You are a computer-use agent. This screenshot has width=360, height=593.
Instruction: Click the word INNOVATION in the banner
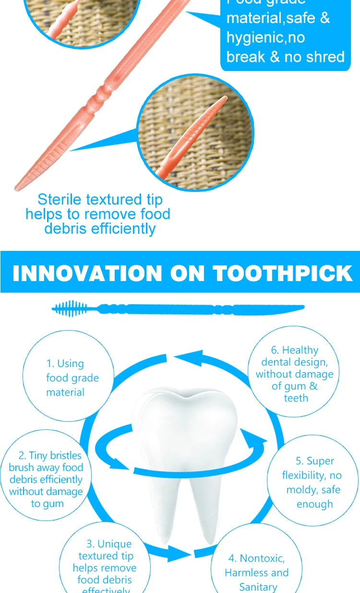[87, 273]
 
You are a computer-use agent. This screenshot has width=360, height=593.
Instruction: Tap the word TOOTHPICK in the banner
[283, 273]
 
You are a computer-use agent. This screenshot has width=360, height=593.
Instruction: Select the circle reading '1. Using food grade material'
[68, 378]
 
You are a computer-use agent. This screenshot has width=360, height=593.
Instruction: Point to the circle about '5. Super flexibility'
[313, 482]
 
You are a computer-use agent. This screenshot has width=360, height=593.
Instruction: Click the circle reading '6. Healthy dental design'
[294, 373]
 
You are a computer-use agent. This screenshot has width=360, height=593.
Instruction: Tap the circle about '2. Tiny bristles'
[46, 479]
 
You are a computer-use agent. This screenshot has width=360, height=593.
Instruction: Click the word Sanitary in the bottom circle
[258, 587]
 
